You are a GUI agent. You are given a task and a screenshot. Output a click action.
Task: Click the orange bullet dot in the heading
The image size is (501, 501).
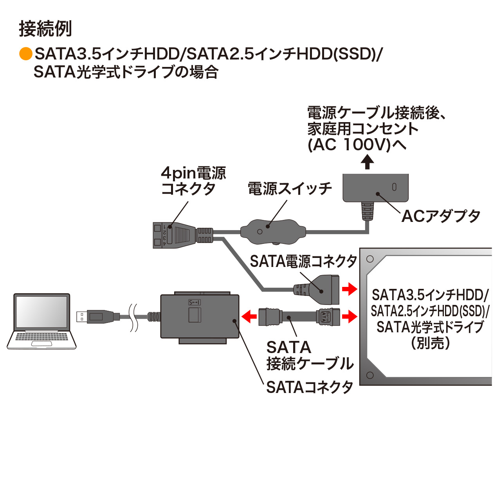tap(25, 54)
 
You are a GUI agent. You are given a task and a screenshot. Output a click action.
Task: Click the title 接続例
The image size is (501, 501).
tap(45, 29)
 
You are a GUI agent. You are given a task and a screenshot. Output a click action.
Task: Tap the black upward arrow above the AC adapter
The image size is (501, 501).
tap(367, 162)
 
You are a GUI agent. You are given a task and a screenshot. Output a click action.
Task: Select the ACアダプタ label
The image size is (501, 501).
tap(441, 216)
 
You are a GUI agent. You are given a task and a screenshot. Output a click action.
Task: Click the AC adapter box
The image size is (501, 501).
tap(375, 187)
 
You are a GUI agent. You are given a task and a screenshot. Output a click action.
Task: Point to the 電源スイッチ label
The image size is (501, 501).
tap(290, 189)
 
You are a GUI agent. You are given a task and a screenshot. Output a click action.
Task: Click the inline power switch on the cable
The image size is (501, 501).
tap(272, 231)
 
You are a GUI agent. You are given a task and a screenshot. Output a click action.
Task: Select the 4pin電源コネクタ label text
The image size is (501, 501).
tap(193, 181)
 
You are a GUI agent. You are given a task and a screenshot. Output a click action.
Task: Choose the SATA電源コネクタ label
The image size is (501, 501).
tap(303, 261)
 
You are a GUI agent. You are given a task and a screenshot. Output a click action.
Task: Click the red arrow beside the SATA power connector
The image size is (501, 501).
tap(349, 290)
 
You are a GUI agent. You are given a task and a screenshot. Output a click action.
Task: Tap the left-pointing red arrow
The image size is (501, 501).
tap(249, 316)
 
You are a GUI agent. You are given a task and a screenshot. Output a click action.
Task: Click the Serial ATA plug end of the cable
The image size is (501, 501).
tap(328, 317)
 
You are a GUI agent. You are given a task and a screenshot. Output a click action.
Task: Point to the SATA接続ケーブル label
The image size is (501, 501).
tap(309, 355)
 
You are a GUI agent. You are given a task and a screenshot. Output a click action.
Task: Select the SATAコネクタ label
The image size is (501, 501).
tap(310, 387)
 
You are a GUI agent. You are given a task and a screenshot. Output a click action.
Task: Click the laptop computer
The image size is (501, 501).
tap(42, 321)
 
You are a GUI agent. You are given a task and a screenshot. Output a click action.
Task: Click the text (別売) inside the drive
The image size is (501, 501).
tap(430, 343)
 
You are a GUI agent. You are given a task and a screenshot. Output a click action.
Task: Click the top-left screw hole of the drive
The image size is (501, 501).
tap(370, 259)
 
